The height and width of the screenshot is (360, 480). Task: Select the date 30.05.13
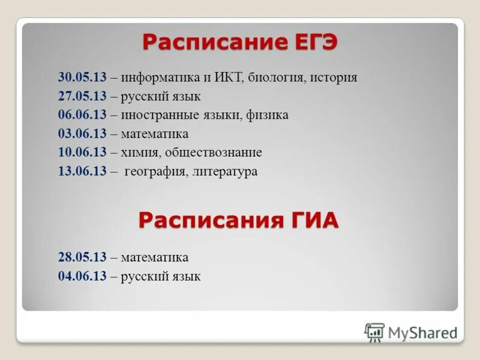(x=82, y=77)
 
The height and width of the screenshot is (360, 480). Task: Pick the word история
(x=334, y=77)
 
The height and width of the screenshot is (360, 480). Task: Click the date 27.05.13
(x=82, y=96)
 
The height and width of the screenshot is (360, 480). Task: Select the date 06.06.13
(x=82, y=115)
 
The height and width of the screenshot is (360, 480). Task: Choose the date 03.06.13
(x=82, y=133)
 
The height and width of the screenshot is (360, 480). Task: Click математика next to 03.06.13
(x=154, y=133)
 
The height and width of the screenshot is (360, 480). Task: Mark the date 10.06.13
(x=82, y=152)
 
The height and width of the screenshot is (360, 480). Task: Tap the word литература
(x=226, y=172)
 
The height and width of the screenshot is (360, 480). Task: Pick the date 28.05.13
(x=82, y=257)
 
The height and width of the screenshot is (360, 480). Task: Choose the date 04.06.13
(x=82, y=277)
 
